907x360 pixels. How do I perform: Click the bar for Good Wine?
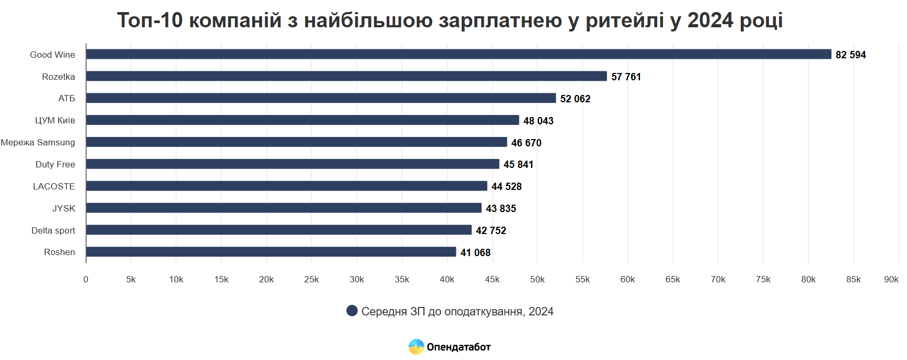[x=458, y=54]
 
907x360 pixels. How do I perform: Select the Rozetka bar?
[x=346, y=76]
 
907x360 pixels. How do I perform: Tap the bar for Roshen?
[x=271, y=252]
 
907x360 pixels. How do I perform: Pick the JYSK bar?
[x=283, y=208]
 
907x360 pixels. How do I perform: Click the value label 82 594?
[x=850, y=55]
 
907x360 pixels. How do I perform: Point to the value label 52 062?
[x=575, y=99]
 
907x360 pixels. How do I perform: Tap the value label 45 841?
[x=518, y=164]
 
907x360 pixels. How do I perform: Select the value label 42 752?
[x=490, y=230]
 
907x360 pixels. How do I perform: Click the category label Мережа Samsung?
[x=38, y=142]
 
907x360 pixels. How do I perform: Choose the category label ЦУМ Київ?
[x=55, y=120]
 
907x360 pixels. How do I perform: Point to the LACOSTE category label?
[x=54, y=186]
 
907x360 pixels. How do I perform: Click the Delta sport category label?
[x=53, y=230]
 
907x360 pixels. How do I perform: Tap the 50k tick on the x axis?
[x=537, y=279]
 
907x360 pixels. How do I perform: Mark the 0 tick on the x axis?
[x=86, y=279]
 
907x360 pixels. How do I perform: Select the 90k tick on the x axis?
[x=891, y=279]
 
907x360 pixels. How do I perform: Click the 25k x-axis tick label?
[x=312, y=279]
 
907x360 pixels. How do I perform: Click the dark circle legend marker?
[x=352, y=311]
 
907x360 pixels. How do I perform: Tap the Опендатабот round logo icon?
[x=416, y=346]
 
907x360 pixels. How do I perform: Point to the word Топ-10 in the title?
[x=150, y=20]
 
